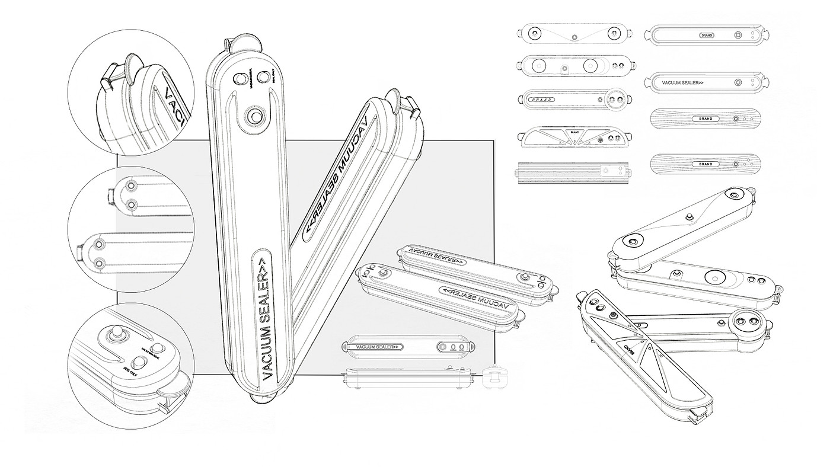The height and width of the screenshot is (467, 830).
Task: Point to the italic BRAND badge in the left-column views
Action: (x=540, y=100)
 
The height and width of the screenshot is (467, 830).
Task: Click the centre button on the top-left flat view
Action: (x=574, y=36)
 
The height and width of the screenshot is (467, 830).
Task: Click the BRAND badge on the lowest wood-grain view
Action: (x=705, y=164)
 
